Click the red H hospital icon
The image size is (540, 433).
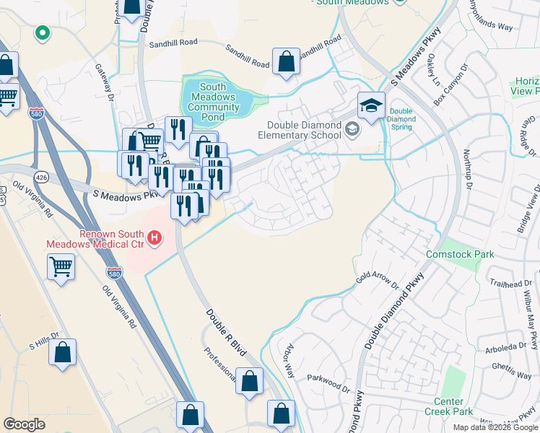tap(153, 237)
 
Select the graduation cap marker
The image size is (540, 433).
tap(370, 106)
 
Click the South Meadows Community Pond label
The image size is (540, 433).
tap(213, 97)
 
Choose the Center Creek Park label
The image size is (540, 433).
tap(453, 406)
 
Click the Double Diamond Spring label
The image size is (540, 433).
tap(400, 119)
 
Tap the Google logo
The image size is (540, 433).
tap(25, 424)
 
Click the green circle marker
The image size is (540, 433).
tap(43, 32)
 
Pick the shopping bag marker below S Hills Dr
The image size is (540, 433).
tap(63, 353)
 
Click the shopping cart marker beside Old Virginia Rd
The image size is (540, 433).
tap(61, 266)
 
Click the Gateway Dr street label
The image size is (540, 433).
tap(105, 81)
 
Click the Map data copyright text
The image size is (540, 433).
tap(495, 427)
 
